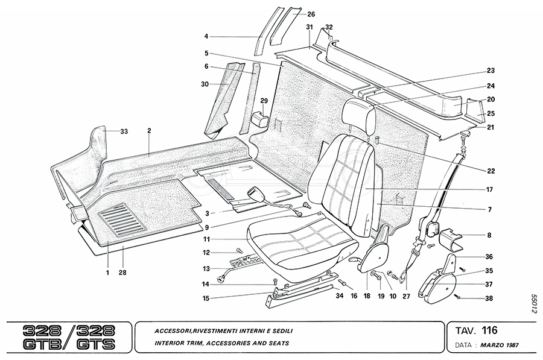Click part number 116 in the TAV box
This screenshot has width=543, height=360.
[x=489, y=330]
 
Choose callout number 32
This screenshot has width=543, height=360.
[x=329, y=27]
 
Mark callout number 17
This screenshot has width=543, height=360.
[x=490, y=189]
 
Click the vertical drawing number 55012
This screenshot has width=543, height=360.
[x=534, y=302]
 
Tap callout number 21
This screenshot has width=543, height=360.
[x=491, y=127]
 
